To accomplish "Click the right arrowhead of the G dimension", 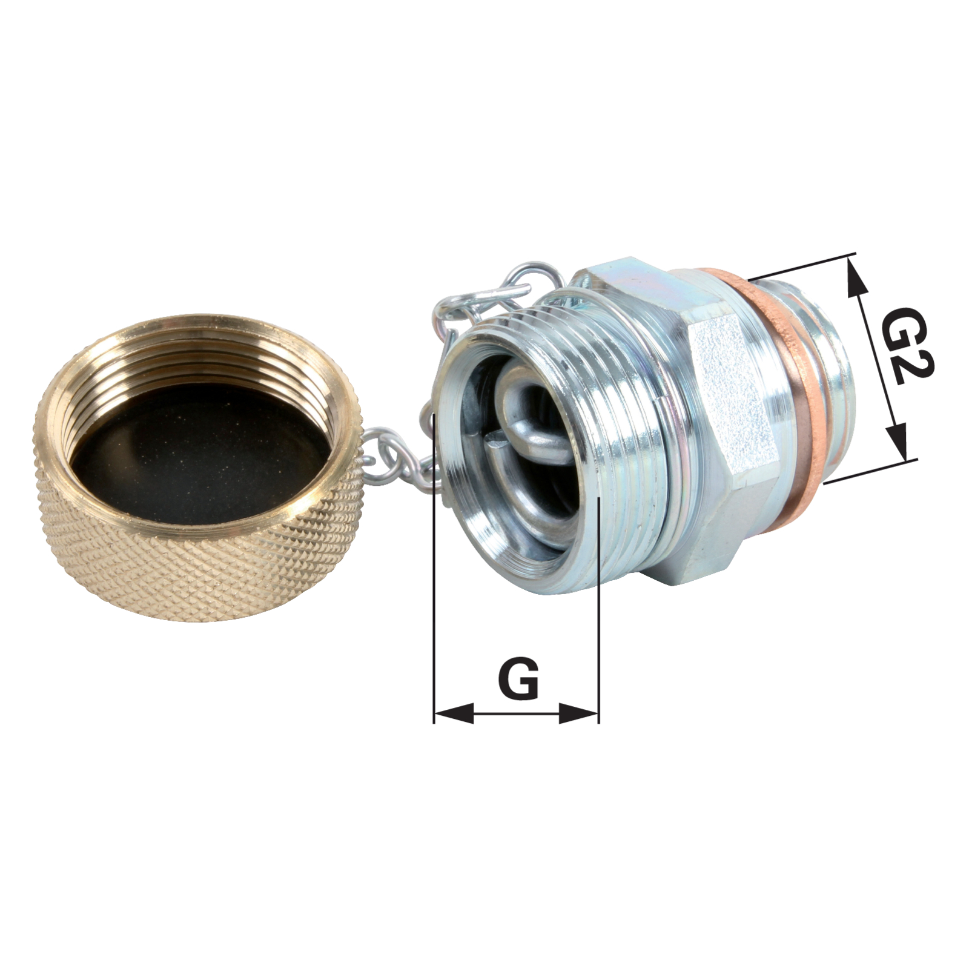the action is coord(578,713).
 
